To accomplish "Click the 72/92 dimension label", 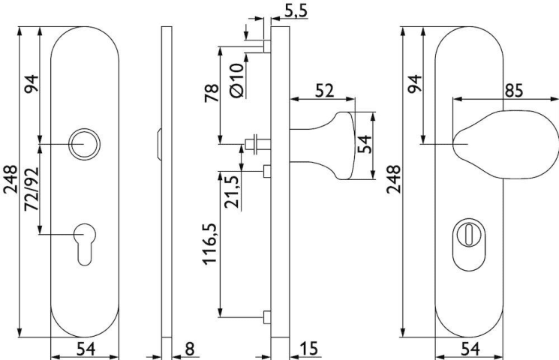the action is (x=32, y=193).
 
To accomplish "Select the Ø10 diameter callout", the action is (x=237, y=80).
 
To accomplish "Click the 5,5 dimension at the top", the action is (x=296, y=10).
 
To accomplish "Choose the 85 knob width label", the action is (x=514, y=91).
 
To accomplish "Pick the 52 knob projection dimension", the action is (x=324, y=91).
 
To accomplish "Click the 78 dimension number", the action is (x=212, y=93).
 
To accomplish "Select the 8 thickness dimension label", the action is (x=190, y=348).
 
